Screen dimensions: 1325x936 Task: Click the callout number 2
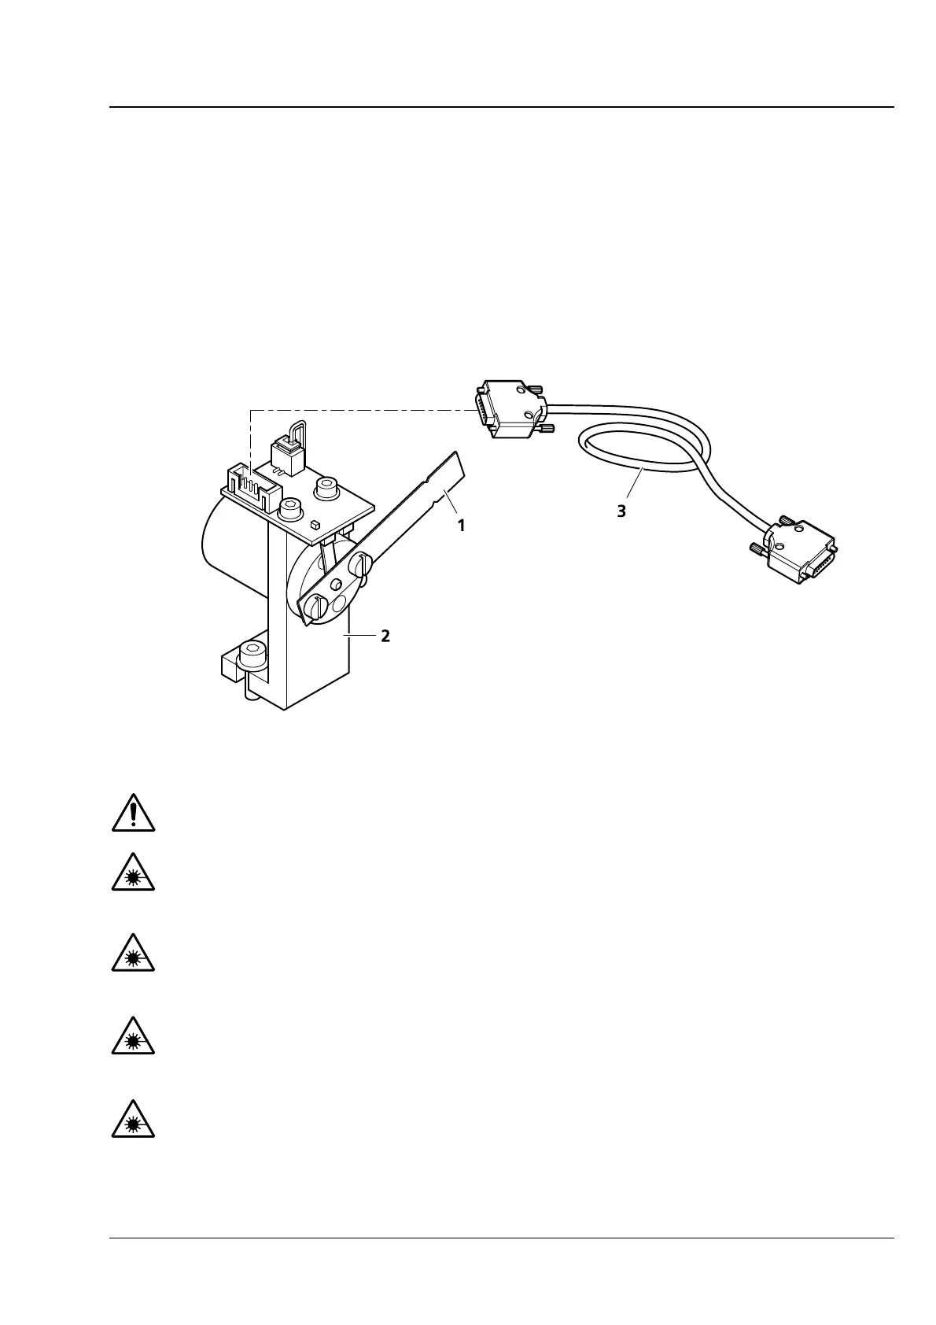(385, 636)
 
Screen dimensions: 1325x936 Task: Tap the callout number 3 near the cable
(621, 511)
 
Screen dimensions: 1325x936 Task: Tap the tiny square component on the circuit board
(315, 523)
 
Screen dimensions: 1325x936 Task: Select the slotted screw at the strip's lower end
(316, 607)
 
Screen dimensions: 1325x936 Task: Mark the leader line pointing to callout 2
(359, 636)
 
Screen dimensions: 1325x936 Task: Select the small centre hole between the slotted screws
(336, 585)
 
